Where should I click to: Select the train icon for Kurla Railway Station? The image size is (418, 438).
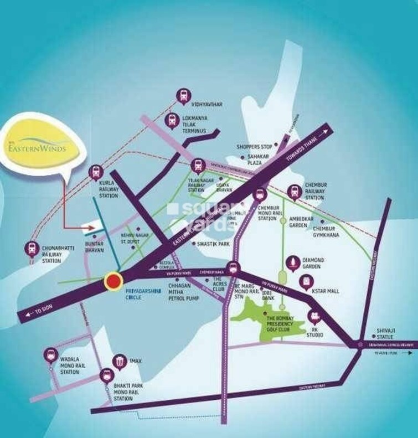[96, 172]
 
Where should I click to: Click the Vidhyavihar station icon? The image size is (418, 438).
[184, 96]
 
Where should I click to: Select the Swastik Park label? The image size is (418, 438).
[214, 244]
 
